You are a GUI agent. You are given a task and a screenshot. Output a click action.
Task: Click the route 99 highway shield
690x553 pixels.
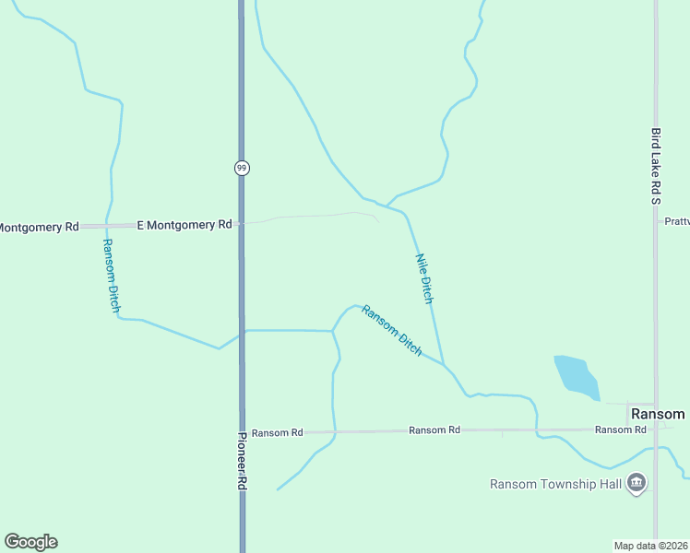click(x=242, y=168)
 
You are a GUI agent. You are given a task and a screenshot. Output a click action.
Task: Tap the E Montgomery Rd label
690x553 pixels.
click(x=184, y=225)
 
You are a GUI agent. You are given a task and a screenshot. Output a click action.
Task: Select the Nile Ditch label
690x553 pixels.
click(x=424, y=278)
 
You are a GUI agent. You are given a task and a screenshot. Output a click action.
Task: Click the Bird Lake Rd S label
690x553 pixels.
click(x=655, y=166)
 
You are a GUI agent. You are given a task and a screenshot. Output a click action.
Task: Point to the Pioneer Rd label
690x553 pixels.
click(x=243, y=460)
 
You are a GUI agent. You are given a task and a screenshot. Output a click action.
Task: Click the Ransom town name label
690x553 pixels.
click(x=658, y=415)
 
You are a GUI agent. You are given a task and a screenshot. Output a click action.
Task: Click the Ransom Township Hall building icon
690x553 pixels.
click(x=636, y=482)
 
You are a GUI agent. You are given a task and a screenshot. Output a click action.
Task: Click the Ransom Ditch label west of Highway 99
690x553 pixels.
click(x=111, y=276)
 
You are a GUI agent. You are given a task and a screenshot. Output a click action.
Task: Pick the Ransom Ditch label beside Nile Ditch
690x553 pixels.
click(x=392, y=331)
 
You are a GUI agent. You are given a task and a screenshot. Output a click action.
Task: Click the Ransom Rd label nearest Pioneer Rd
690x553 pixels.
click(x=277, y=432)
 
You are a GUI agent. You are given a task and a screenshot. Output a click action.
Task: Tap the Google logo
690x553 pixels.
click(x=30, y=542)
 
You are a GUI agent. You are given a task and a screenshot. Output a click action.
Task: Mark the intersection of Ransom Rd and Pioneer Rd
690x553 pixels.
click(x=242, y=431)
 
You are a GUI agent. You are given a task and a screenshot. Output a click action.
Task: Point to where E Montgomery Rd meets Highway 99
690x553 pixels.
click(x=242, y=224)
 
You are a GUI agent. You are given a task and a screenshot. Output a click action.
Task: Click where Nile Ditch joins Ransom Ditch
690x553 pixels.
click(x=444, y=365)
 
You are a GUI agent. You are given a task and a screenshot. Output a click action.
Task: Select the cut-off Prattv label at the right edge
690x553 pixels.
click(x=677, y=221)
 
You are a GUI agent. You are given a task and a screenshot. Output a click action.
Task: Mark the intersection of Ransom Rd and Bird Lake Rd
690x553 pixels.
click(x=656, y=429)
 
